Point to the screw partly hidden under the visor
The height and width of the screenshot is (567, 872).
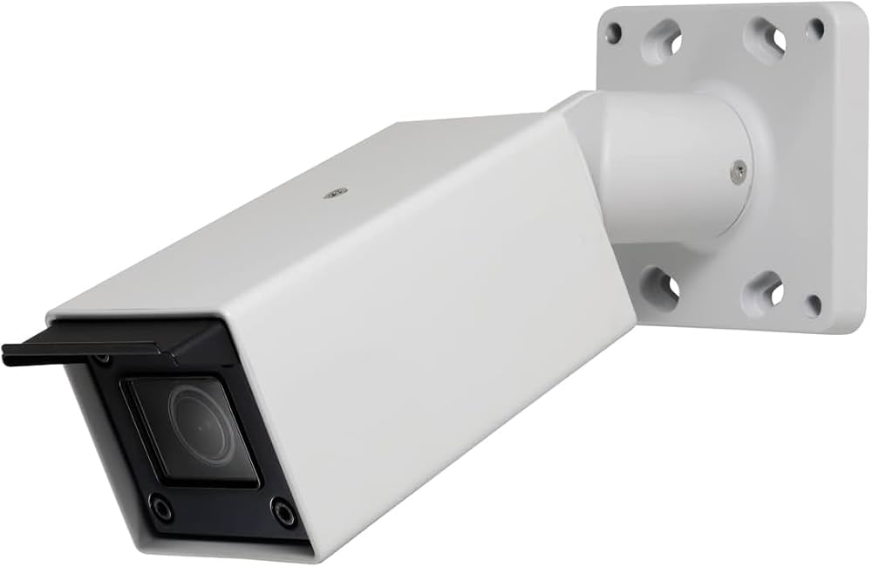103,359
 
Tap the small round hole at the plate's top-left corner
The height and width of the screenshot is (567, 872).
614,33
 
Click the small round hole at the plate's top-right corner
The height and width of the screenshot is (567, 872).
815,29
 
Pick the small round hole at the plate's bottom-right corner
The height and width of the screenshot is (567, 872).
813,305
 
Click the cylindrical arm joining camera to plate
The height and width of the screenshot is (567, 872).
671,166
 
